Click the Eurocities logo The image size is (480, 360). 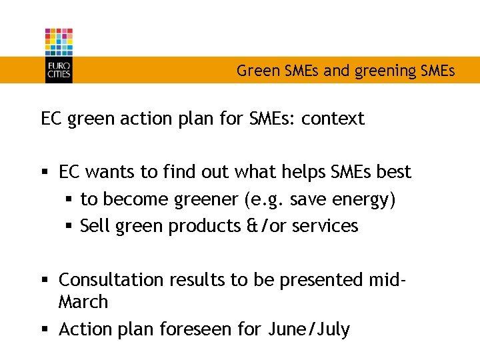(59, 55)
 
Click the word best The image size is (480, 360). (394, 172)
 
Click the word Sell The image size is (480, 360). (96, 226)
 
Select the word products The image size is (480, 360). (201, 226)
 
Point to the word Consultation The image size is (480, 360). (109, 280)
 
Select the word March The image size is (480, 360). (83, 302)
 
